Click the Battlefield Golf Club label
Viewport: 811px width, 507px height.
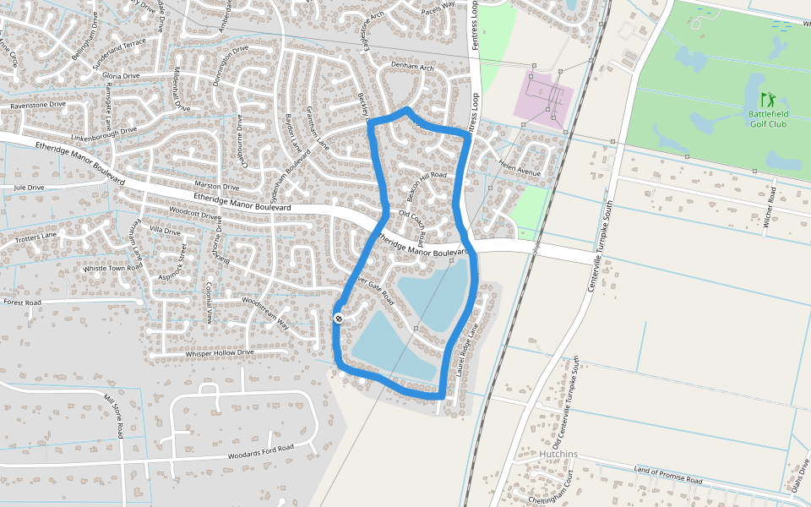point(767,118)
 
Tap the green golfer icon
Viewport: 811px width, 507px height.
point(767,100)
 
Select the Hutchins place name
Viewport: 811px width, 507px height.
point(558,455)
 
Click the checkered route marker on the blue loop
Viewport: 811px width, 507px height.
point(338,319)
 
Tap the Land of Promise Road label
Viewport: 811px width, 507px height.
point(667,476)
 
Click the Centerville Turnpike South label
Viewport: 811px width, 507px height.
point(599,246)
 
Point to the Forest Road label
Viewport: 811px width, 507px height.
point(22,302)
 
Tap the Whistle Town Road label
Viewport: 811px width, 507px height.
point(113,268)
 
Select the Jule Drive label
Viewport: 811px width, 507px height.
point(29,188)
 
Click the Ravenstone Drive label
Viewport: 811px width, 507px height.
point(38,105)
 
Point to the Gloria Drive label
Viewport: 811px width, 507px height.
point(121,76)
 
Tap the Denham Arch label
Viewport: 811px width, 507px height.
point(411,67)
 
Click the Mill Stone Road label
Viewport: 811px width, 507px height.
point(114,415)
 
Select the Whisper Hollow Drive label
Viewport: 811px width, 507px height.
point(219,353)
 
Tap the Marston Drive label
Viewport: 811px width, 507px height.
point(217,186)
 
